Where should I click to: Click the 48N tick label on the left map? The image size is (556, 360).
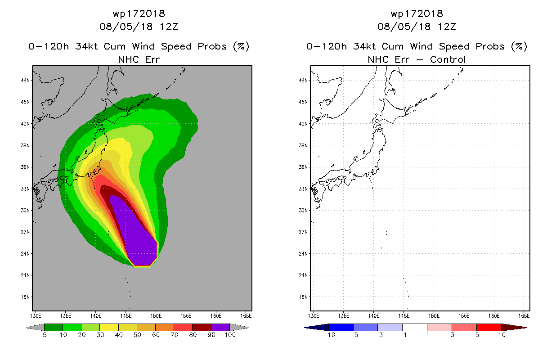(x=25, y=81)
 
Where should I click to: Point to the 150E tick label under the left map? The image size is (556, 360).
(x=156, y=316)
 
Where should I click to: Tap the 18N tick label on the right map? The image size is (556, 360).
(x=303, y=297)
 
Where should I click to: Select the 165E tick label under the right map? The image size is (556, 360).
(x=524, y=316)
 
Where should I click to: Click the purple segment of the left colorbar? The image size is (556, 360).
(x=220, y=327)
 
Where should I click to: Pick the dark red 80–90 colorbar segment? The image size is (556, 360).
(x=202, y=327)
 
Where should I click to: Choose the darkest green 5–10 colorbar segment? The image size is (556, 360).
(x=54, y=327)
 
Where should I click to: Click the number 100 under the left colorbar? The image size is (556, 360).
(x=230, y=335)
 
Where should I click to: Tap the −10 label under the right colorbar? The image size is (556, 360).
(x=329, y=335)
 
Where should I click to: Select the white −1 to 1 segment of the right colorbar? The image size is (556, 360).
(x=415, y=327)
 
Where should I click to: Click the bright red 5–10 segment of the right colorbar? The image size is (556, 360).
(x=489, y=327)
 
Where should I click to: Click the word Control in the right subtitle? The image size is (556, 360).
(x=448, y=59)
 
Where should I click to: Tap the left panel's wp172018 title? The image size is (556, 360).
(x=139, y=13)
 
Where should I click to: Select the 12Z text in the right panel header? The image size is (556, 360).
(x=447, y=27)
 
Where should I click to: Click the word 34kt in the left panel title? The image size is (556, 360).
(x=87, y=46)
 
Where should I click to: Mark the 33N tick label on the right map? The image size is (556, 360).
(x=303, y=189)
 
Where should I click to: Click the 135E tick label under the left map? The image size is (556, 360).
(x=66, y=316)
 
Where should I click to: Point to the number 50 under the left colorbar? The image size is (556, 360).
(x=137, y=335)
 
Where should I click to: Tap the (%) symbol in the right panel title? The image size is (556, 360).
(x=519, y=46)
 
